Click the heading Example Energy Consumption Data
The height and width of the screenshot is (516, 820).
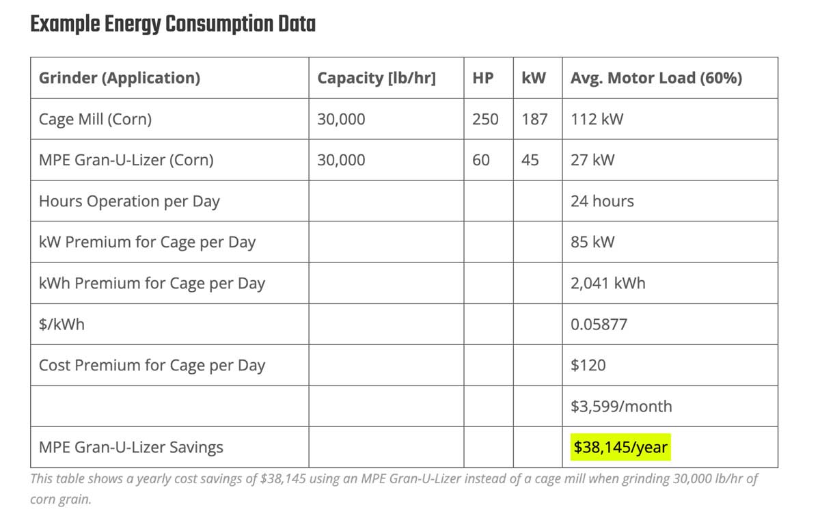tap(173, 25)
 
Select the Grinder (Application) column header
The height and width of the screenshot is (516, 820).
tap(120, 78)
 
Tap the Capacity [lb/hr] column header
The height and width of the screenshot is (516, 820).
tap(377, 78)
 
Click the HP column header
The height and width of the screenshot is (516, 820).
tap(483, 78)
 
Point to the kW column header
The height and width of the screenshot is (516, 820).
tap(534, 78)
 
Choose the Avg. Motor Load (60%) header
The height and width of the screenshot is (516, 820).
tap(656, 78)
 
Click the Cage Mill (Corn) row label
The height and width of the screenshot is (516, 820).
tap(95, 119)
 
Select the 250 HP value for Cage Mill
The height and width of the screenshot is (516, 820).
tap(485, 119)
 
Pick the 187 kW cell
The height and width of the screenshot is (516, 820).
tap(534, 119)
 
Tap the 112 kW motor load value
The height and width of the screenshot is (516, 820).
tap(597, 119)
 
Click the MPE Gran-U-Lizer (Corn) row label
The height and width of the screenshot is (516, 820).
tap(126, 160)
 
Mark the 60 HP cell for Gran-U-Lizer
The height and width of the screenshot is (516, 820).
tap(481, 160)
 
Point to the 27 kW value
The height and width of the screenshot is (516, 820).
tap(592, 160)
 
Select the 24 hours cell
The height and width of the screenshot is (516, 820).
tap(602, 201)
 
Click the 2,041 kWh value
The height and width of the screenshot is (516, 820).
tap(607, 283)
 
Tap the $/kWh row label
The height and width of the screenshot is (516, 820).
tap(61, 324)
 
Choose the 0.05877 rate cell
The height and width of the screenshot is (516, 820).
tap(599, 324)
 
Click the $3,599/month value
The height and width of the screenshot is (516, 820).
tap(621, 406)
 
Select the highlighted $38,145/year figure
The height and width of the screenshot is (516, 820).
tap(620, 448)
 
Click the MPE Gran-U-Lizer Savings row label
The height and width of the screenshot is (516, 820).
tap(131, 448)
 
